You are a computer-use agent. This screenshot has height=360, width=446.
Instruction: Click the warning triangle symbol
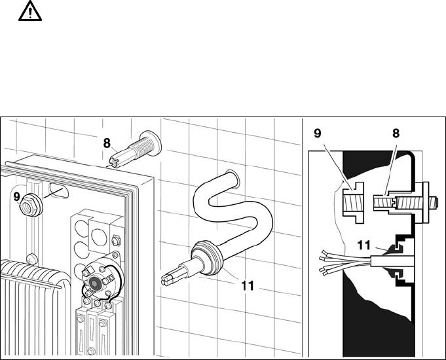(x=30, y=12)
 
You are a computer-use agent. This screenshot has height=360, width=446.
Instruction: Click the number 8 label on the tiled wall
(x=107, y=143)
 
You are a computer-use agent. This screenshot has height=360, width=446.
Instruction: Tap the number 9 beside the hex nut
(x=17, y=197)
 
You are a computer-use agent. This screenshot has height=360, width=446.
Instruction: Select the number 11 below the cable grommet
(x=247, y=286)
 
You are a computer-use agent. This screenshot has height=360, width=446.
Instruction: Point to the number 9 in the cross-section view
(x=318, y=133)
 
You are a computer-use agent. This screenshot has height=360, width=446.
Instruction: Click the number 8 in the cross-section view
(x=396, y=133)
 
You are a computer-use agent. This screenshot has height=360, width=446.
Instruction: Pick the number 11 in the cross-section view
(x=363, y=245)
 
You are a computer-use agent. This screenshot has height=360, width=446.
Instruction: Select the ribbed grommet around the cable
(x=207, y=258)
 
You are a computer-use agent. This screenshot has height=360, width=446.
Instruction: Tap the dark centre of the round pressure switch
(x=94, y=283)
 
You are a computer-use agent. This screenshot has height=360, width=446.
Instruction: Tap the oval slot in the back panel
(x=58, y=190)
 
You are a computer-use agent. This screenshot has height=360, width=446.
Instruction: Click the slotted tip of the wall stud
(x=115, y=162)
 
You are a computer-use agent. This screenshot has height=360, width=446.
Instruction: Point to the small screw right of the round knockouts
(x=115, y=241)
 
